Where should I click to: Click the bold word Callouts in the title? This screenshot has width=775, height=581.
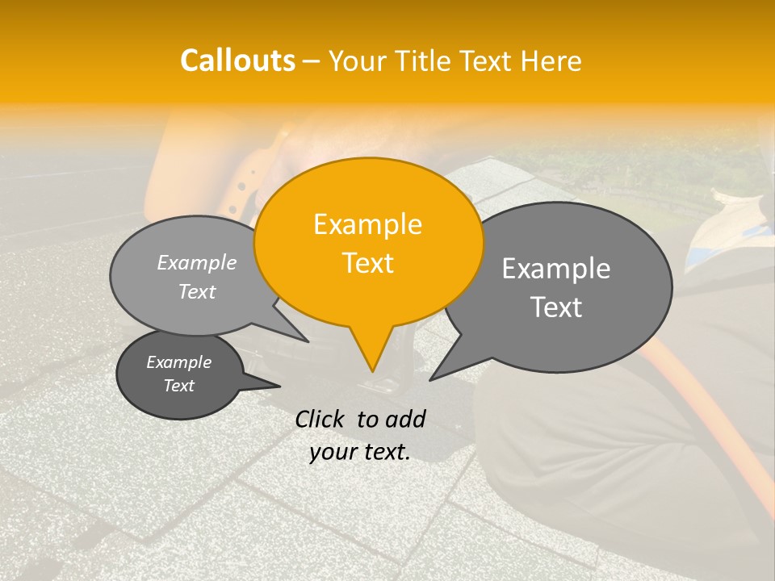(x=237, y=61)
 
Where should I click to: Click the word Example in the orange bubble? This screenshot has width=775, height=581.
(x=367, y=224)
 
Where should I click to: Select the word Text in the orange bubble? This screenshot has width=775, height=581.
(x=367, y=262)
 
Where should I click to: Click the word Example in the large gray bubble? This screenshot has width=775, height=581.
(x=556, y=269)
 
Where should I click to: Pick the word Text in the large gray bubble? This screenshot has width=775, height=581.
(x=556, y=307)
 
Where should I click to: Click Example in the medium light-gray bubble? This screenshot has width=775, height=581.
(x=197, y=262)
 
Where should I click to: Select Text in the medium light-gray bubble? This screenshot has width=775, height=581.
(x=197, y=291)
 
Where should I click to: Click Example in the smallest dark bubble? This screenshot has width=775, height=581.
(x=178, y=362)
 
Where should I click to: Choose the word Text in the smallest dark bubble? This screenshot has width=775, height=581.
(x=178, y=386)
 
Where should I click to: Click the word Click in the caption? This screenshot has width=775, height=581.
(x=320, y=419)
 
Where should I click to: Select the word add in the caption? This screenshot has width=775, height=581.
(x=406, y=419)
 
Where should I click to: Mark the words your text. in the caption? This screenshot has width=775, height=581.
(x=360, y=452)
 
